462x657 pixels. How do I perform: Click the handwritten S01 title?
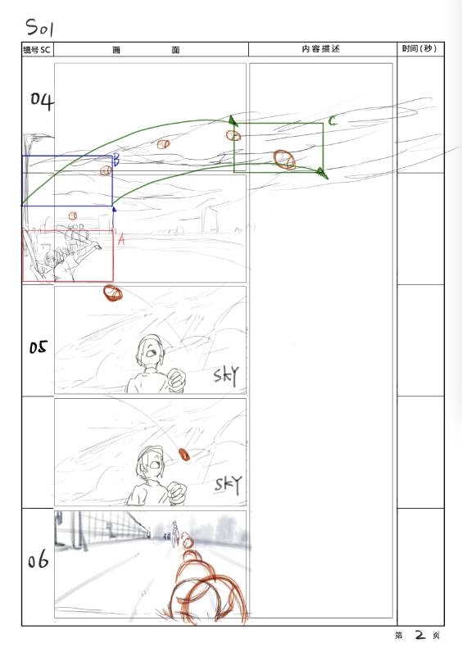coord(40,28)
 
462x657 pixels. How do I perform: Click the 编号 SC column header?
coord(36,50)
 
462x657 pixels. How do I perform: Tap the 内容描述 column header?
coord(321,49)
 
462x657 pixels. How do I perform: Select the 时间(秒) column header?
coord(419,48)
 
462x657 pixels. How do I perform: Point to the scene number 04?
coord(43,101)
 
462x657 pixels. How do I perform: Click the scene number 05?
coord(38,347)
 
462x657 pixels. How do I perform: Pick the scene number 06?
coord(38,560)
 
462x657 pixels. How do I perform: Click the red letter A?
coord(121,239)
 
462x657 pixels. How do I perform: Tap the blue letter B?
coord(116,160)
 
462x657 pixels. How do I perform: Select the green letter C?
coord(333,120)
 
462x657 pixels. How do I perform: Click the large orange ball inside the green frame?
coord(284,160)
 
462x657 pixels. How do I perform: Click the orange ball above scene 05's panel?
coord(113,293)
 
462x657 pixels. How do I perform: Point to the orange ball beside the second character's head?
coord(183,455)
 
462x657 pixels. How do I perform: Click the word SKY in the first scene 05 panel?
coord(226,375)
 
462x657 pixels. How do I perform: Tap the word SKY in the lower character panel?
coord(228,485)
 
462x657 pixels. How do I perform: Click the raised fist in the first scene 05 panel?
coord(176,379)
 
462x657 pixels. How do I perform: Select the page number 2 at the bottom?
coord(420,634)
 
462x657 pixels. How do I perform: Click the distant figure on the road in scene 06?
coord(174,532)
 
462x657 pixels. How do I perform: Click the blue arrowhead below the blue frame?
coord(114,210)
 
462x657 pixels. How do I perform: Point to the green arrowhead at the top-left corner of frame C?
coord(233,120)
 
